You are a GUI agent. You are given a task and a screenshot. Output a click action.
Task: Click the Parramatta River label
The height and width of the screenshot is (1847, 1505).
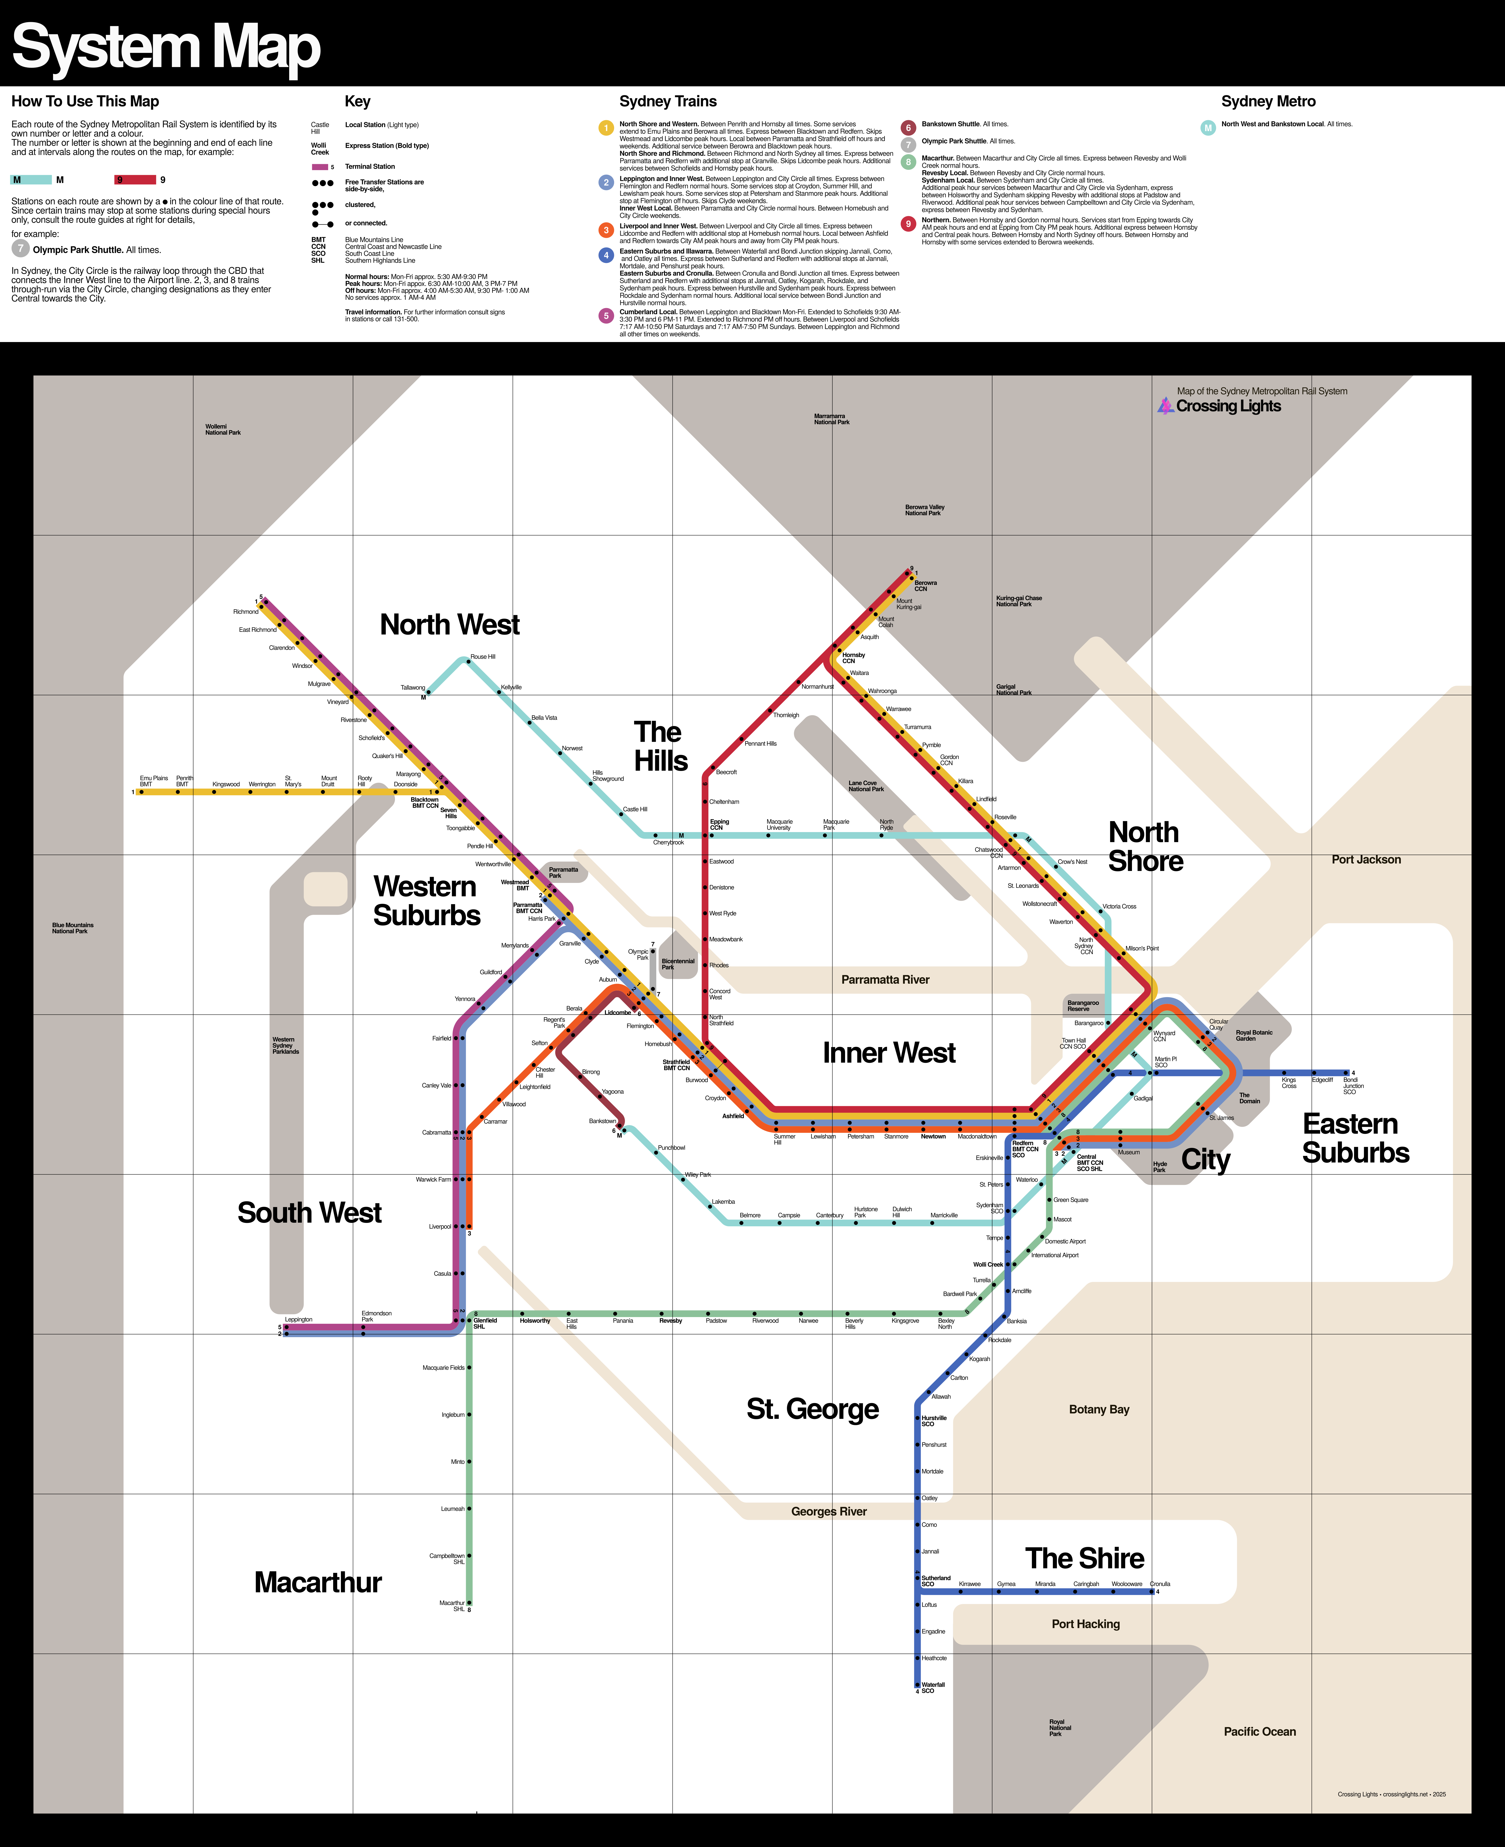(885, 979)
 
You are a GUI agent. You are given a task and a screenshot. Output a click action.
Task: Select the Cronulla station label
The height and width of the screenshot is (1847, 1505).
(1160, 1583)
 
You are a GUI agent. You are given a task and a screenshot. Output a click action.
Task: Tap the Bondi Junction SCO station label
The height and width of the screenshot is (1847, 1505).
(1352, 1085)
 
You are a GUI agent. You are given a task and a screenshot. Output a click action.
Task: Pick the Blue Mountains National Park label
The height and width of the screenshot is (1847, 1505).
(73, 927)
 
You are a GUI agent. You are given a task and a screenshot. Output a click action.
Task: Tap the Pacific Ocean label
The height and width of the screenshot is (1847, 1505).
(1259, 1731)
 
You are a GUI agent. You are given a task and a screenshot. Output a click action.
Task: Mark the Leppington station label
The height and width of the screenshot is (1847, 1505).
(298, 1319)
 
